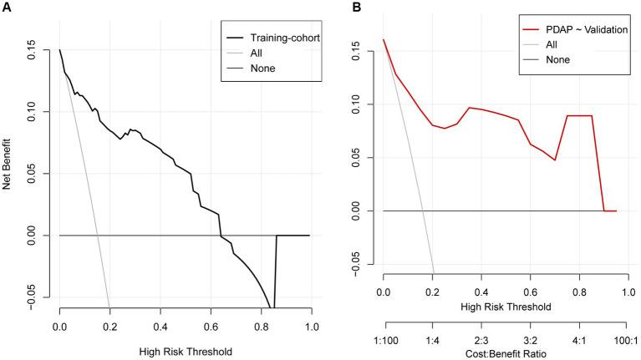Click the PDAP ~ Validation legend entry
(x=577, y=30)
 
